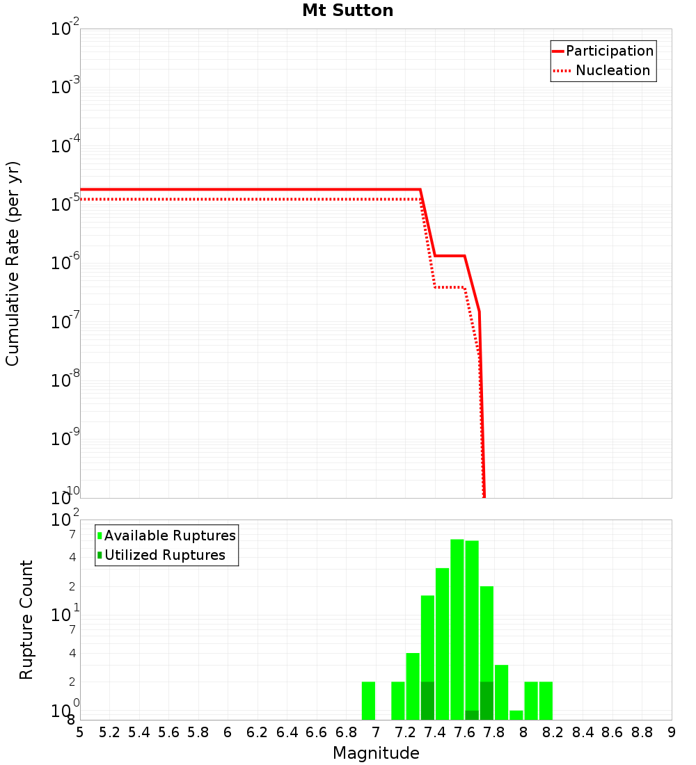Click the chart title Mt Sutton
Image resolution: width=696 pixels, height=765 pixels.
pos(347,10)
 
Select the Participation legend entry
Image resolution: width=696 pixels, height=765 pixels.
pos(609,51)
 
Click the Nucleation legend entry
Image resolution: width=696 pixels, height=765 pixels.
pos(612,70)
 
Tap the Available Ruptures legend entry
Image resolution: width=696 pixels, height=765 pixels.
pos(169,535)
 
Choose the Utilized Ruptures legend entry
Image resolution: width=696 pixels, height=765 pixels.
pos(164,555)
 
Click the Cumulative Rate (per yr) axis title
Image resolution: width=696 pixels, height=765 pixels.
pos(13,264)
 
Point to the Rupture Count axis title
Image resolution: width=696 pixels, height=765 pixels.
pos(26,620)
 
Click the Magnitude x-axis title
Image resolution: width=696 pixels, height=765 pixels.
pos(376,753)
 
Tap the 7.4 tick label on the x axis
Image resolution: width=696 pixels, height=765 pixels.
pos(435,732)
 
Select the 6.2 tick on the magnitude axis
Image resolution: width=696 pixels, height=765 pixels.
pos(258,732)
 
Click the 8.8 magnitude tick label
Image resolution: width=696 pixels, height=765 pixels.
pos(642,732)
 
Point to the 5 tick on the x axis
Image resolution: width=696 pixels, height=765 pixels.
pos(80,732)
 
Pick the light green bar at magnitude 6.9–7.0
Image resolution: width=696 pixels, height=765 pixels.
pos(369,700)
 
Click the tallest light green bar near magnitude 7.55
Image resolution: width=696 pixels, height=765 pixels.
pos(457,629)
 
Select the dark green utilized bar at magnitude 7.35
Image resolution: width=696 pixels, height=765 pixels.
pos(427,700)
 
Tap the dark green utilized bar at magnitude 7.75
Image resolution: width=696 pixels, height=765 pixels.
pos(487,700)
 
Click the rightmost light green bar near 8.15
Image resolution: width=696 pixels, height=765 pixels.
pos(546,700)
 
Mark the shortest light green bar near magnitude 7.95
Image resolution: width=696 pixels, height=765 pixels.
pos(516,715)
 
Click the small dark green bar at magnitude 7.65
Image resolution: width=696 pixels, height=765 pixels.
pos(472,715)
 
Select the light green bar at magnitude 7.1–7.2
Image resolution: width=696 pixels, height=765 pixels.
pos(398,700)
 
